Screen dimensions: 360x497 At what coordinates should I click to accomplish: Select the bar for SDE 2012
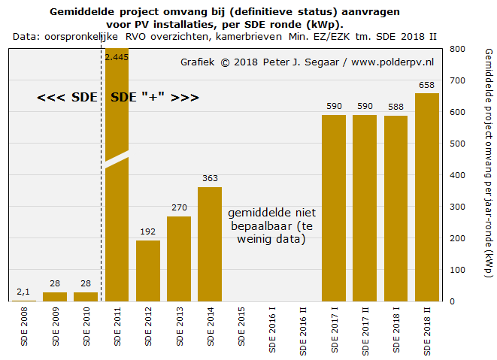click(x=147, y=271)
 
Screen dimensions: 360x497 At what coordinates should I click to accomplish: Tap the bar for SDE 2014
click(x=210, y=244)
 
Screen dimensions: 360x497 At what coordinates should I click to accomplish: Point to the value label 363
click(x=210, y=179)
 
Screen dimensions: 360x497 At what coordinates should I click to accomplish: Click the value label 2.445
click(x=117, y=56)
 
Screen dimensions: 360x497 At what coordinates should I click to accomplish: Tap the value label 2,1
click(x=23, y=292)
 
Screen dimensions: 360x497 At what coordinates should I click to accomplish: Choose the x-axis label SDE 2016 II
click(x=303, y=331)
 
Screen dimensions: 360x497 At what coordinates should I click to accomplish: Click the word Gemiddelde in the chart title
click(x=84, y=12)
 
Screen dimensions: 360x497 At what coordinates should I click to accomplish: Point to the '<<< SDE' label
click(x=66, y=98)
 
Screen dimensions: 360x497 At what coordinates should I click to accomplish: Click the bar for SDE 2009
click(x=54, y=297)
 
